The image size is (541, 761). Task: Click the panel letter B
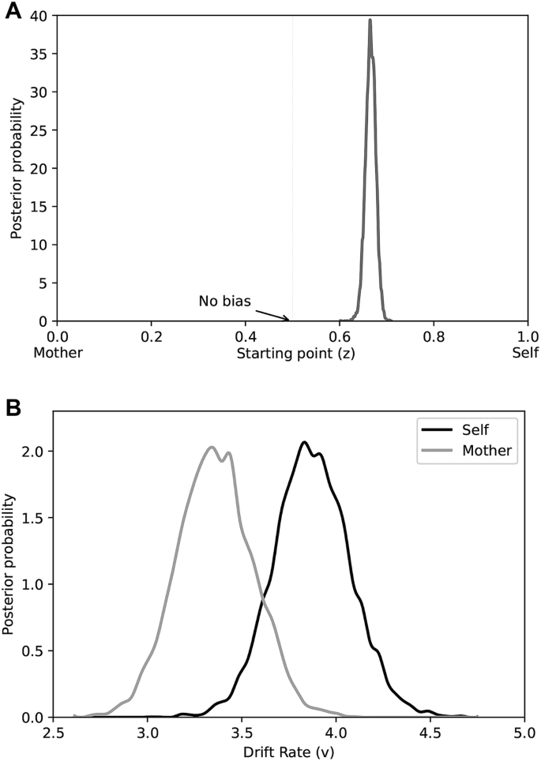pyautogui.click(x=13, y=408)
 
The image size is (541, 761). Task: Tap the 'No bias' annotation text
pyautogui.click(x=224, y=301)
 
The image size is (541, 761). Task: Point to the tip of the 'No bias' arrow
pyautogui.click(x=290, y=320)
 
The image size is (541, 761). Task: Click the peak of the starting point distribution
pyautogui.click(x=370, y=20)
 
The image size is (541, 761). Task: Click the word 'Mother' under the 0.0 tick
pyautogui.click(x=58, y=354)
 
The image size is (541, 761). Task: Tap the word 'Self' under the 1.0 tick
pyautogui.click(x=525, y=354)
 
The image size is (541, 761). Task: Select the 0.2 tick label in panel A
pyautogui.click(x=151, y=337)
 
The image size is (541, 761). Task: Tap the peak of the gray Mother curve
pyautogui.click(x=212, y=447)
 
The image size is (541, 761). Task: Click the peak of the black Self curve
pyautogui.click(x=304, y=442)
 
